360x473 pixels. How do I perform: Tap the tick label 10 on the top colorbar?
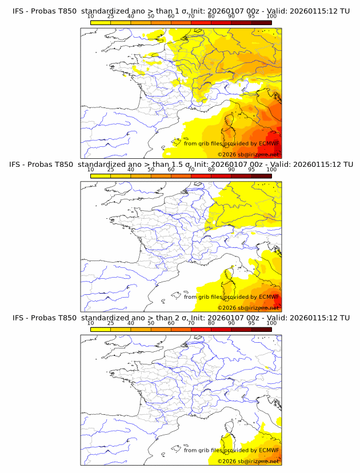click(91, 17)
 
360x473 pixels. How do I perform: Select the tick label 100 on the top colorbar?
click(271, 17)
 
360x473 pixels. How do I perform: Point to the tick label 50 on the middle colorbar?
click(151, 170)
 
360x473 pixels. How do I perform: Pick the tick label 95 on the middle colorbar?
click(251, 170)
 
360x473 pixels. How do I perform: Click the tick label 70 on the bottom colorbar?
click(191, 323)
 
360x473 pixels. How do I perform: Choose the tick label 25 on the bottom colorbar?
click(111, 323)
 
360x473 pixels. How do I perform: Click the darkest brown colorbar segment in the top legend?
click(261, 22)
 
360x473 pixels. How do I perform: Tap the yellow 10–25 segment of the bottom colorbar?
click(101, 328)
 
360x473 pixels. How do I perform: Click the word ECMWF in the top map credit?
click(269, 143)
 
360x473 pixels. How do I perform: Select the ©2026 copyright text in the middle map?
click(227, 308)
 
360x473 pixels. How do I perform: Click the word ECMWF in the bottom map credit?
click(269, 450)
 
